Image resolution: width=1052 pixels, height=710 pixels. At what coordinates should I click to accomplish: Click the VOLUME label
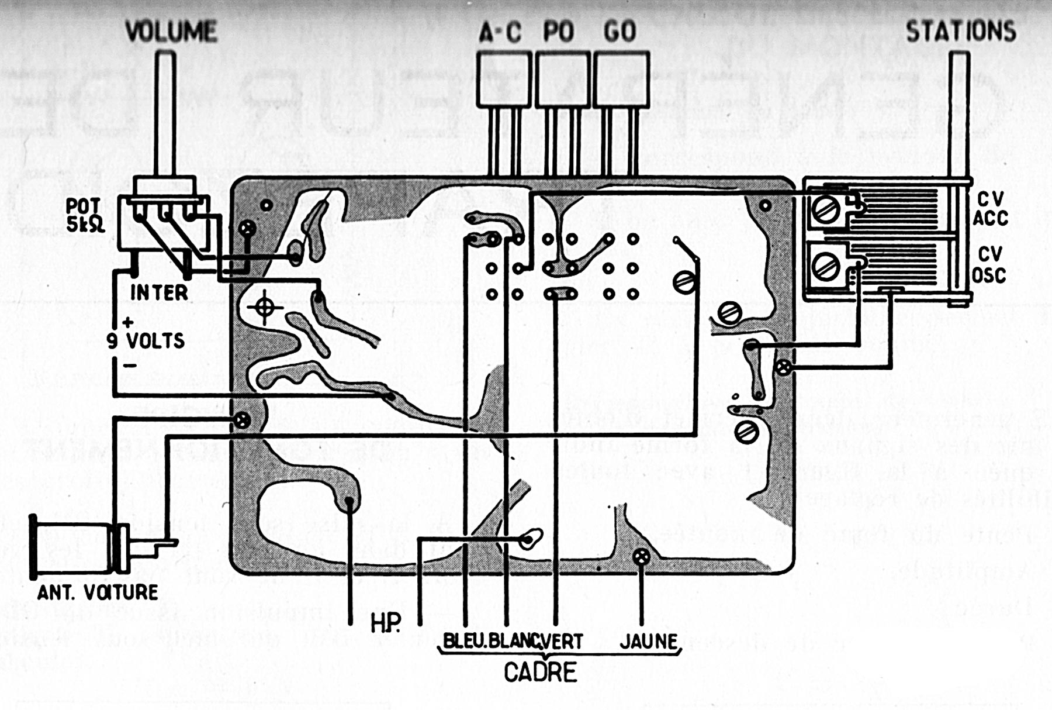tap(171, 32)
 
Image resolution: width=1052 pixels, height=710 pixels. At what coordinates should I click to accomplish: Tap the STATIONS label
tap(961, 32)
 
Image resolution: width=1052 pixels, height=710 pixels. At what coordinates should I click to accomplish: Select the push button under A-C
tap(504, 79)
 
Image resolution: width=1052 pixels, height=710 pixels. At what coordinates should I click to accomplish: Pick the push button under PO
tap(563, 79)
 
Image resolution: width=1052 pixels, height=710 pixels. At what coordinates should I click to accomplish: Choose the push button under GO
tap(621, 79)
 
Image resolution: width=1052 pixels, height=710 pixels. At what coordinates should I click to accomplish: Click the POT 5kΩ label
tap(85, 215)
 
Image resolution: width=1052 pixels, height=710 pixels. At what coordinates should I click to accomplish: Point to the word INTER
tap(158, 292)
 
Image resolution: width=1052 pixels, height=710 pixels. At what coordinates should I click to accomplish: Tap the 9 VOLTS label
tap(146, 340)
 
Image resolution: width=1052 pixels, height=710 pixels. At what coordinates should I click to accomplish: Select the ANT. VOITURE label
tap(98, 592)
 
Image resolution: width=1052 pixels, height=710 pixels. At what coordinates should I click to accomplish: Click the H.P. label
tap(386, 624)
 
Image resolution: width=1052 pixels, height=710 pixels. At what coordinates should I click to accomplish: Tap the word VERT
tap(562, 641)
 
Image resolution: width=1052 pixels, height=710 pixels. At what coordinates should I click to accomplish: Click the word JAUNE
tap(648, 641)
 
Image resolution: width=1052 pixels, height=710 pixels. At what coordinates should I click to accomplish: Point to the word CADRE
tap(540, 673)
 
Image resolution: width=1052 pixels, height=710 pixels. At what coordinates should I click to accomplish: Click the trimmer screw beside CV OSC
tap(826, 267)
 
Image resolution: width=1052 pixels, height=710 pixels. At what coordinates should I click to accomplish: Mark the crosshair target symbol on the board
tap(264, 307)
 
